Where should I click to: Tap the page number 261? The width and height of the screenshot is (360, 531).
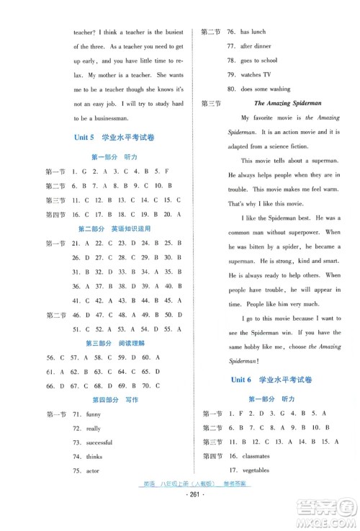click(x=180, y=519)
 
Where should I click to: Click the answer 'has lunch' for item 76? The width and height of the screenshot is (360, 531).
click(x=253, y=32)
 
